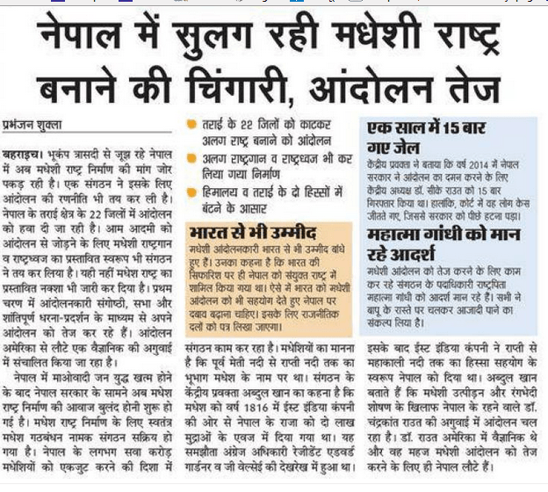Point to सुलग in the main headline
pos(211,35)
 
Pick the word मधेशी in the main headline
pos(370,35)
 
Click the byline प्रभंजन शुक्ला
pos(36,125)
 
